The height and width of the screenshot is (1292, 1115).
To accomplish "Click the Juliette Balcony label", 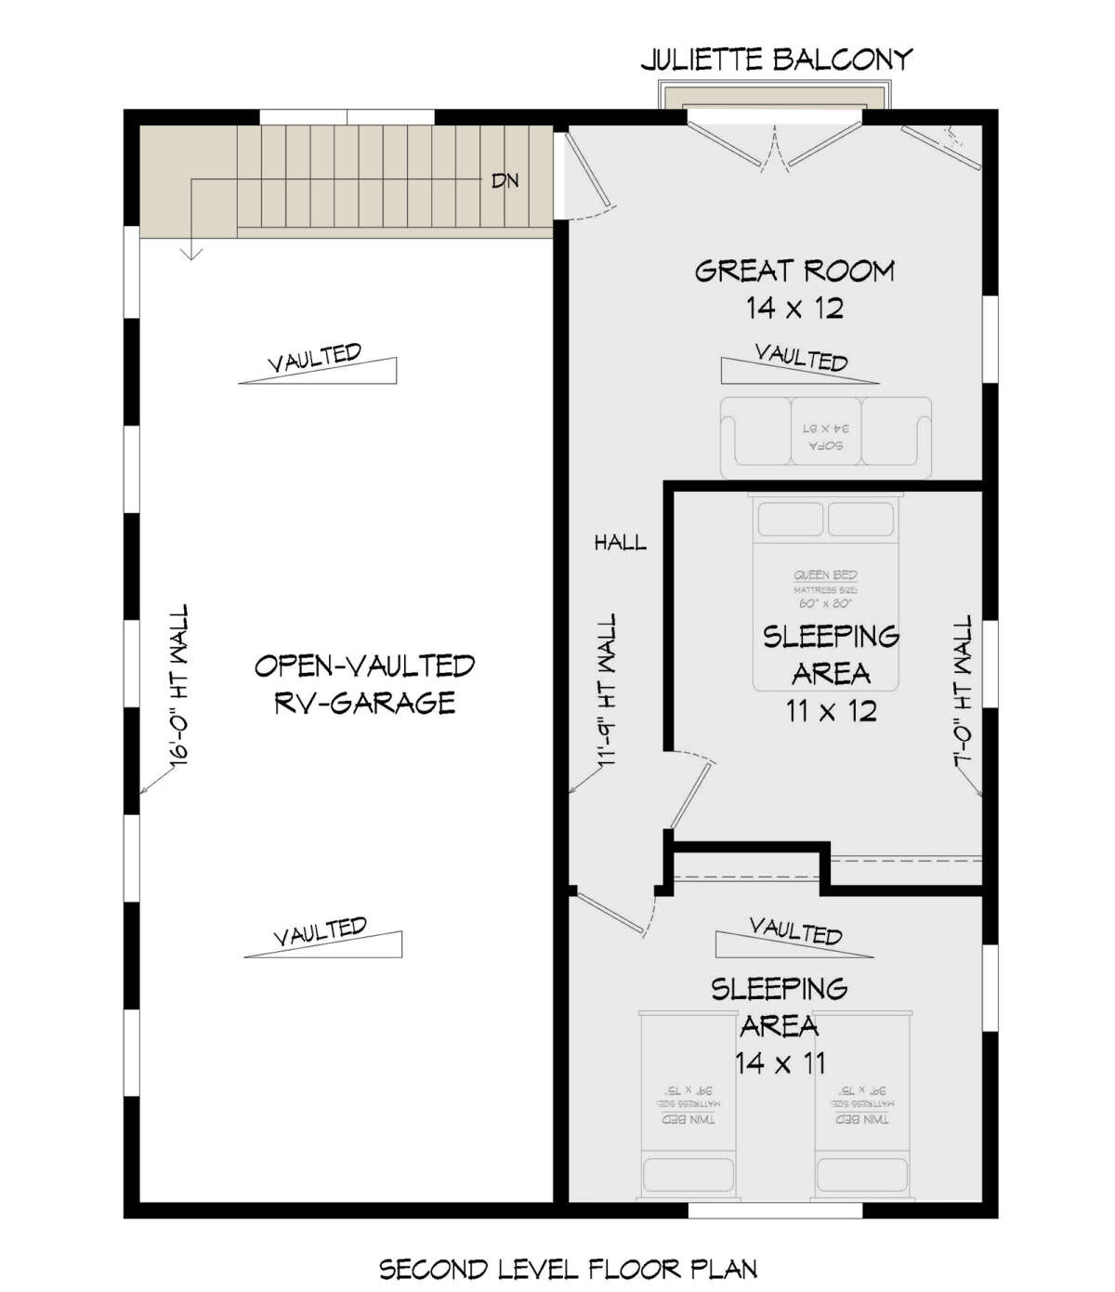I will (776, 60).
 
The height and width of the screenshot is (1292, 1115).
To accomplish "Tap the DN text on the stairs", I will (505, 180).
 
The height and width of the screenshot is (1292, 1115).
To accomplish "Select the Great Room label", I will (794, 270).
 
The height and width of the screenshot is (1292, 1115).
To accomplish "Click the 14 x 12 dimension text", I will (794, 308).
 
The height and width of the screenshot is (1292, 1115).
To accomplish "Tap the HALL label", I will (620, 542).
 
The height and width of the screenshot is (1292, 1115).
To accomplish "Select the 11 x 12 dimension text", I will (831, 711).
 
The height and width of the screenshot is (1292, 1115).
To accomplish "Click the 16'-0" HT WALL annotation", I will (178, 685).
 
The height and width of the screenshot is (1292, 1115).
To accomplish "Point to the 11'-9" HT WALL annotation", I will (606, 690).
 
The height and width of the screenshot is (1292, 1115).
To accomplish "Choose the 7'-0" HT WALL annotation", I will (963, 692).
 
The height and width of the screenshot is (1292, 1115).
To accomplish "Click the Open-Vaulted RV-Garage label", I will (364, 683).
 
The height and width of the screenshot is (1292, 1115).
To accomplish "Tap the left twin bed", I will (689, 1104).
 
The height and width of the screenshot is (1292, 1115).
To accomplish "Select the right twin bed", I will (862, 1104).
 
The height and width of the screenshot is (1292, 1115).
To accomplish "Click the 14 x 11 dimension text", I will (780, 1062).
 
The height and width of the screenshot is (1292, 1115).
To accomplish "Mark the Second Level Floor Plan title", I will (568, 1269).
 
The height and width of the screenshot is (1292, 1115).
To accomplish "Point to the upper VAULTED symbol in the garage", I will (317, 363).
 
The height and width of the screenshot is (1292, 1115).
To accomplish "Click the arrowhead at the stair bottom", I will (191, 253).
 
